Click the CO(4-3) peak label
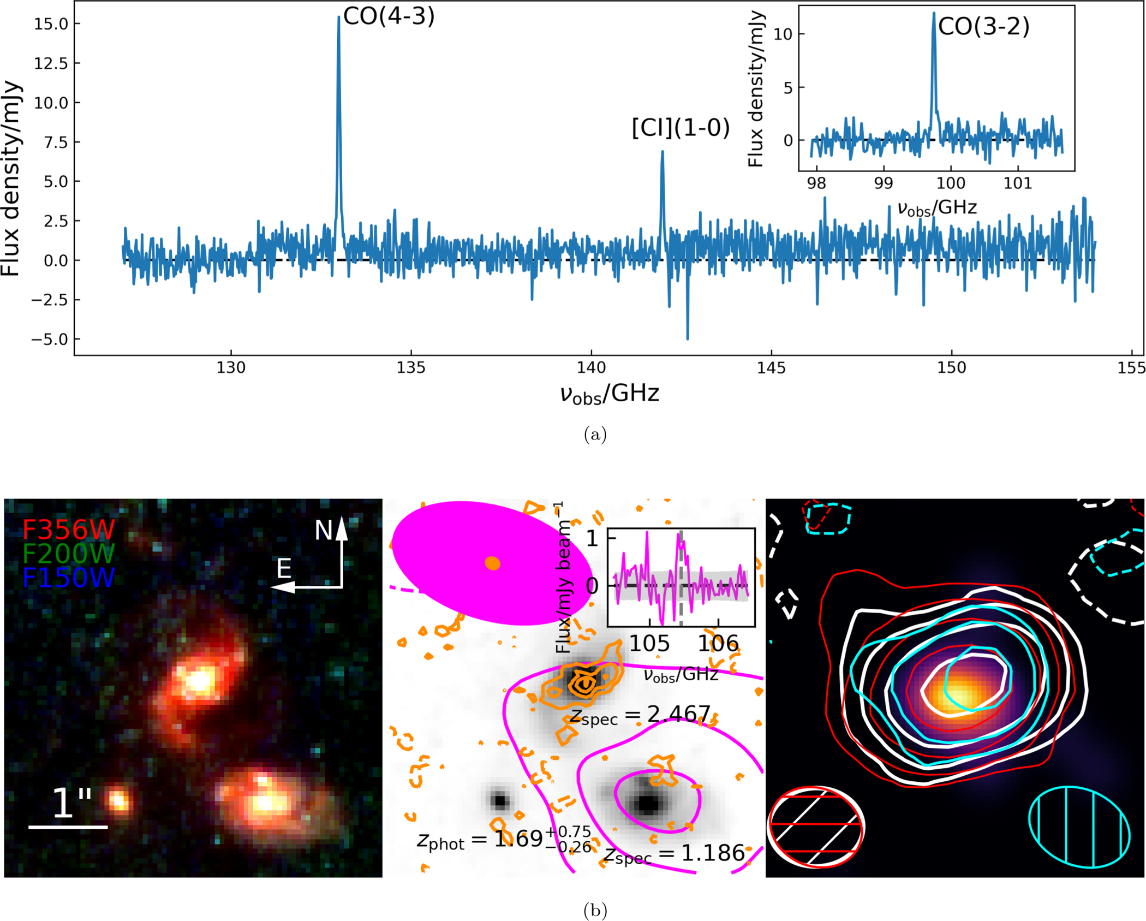click(x=389, y=16)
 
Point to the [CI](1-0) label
click(x=681, y=128)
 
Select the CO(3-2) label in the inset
click(x=983, y=26)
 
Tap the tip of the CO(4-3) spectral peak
click(x=339, y=17)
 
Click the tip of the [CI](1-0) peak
click(x=662, y=152)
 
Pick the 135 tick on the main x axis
click(x=411, y=368)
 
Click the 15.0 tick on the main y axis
click(x=51, y=24)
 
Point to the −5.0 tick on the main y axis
click(x=49, y=340)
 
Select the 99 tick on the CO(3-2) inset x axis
click(x=884, y=183)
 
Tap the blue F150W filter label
click(x=69, y=578)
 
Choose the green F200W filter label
click(x=69, y=554)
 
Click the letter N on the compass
click(x=323, y=530)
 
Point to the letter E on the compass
click(x=284, y=569)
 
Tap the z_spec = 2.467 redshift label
click(x=640, y=715)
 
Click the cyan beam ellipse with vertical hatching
click(x=1079, y=827)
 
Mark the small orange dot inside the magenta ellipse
click(x=492, y=563)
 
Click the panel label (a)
click(x=595, y=435)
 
